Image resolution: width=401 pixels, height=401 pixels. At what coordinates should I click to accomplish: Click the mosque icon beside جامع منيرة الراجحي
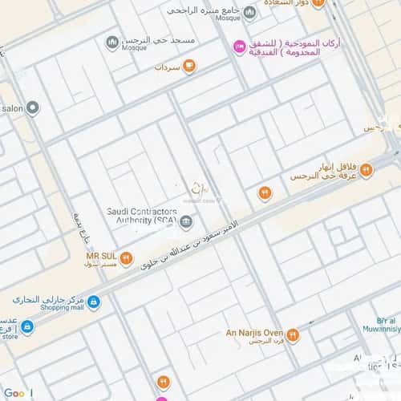pos(249,13)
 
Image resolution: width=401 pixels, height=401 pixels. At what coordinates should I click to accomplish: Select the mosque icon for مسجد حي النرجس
pos(112,41)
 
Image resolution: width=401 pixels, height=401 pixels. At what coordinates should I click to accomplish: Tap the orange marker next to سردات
pos(189,67)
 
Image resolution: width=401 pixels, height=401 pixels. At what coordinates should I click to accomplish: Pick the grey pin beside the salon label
pos(32,107)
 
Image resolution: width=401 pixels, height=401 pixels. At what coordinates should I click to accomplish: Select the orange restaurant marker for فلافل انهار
pos(367,169)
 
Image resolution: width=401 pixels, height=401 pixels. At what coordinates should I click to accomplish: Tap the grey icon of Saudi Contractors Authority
pos(186,221)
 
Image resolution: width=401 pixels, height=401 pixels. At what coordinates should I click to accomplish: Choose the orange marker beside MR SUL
pos(126,257)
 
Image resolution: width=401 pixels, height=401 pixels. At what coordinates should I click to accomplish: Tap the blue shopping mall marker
pos(94,302)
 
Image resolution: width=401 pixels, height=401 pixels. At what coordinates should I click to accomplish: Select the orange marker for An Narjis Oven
pos(293,335)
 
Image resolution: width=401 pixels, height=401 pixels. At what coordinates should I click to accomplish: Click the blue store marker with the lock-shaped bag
pos(26,327)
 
